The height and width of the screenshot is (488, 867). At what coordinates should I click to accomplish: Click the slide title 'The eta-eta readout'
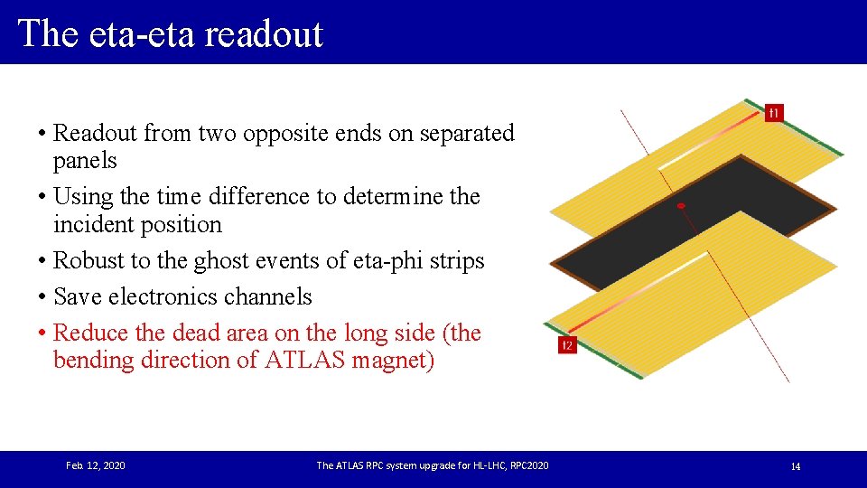(x=170, y=33)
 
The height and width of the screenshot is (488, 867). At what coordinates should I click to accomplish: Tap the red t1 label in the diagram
(x=774, y=113)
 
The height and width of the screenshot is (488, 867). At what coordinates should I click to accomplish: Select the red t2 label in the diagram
(x=567, y=345)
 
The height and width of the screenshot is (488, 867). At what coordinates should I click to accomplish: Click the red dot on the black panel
(x=682, y=206)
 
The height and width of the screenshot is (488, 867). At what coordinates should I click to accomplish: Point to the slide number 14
(x=795, y=466)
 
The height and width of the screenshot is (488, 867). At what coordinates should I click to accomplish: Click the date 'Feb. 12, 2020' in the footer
(x=96, y=465)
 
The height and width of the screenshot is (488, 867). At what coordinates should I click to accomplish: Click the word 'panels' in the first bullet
(x=85, y=160)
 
